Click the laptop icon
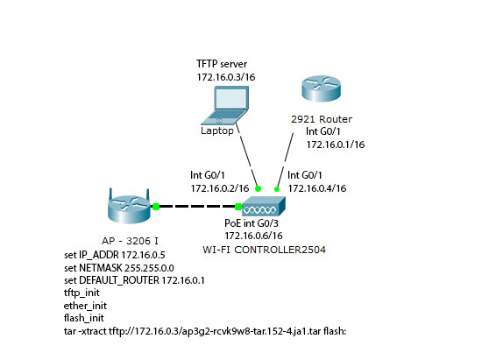point(225,106)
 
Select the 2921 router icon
point(321,88)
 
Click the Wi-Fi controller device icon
point(264,207)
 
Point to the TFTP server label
point(222,64)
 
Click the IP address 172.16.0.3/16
point(226,77)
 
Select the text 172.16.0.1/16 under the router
point(336,145)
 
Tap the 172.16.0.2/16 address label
point(220,188)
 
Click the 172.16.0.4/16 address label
point(317,188)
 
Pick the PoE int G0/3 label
point(252,223)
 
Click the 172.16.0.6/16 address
point(253,236)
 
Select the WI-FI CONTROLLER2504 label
point(264,250)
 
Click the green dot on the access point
point(156,207)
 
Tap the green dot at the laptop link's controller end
point(258,188)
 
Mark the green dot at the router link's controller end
point(277,189)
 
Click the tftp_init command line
point(81,293)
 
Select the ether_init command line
point(85,306)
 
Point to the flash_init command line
point(84,318)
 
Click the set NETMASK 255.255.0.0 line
point(119,268)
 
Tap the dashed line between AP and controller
point(197,207)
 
